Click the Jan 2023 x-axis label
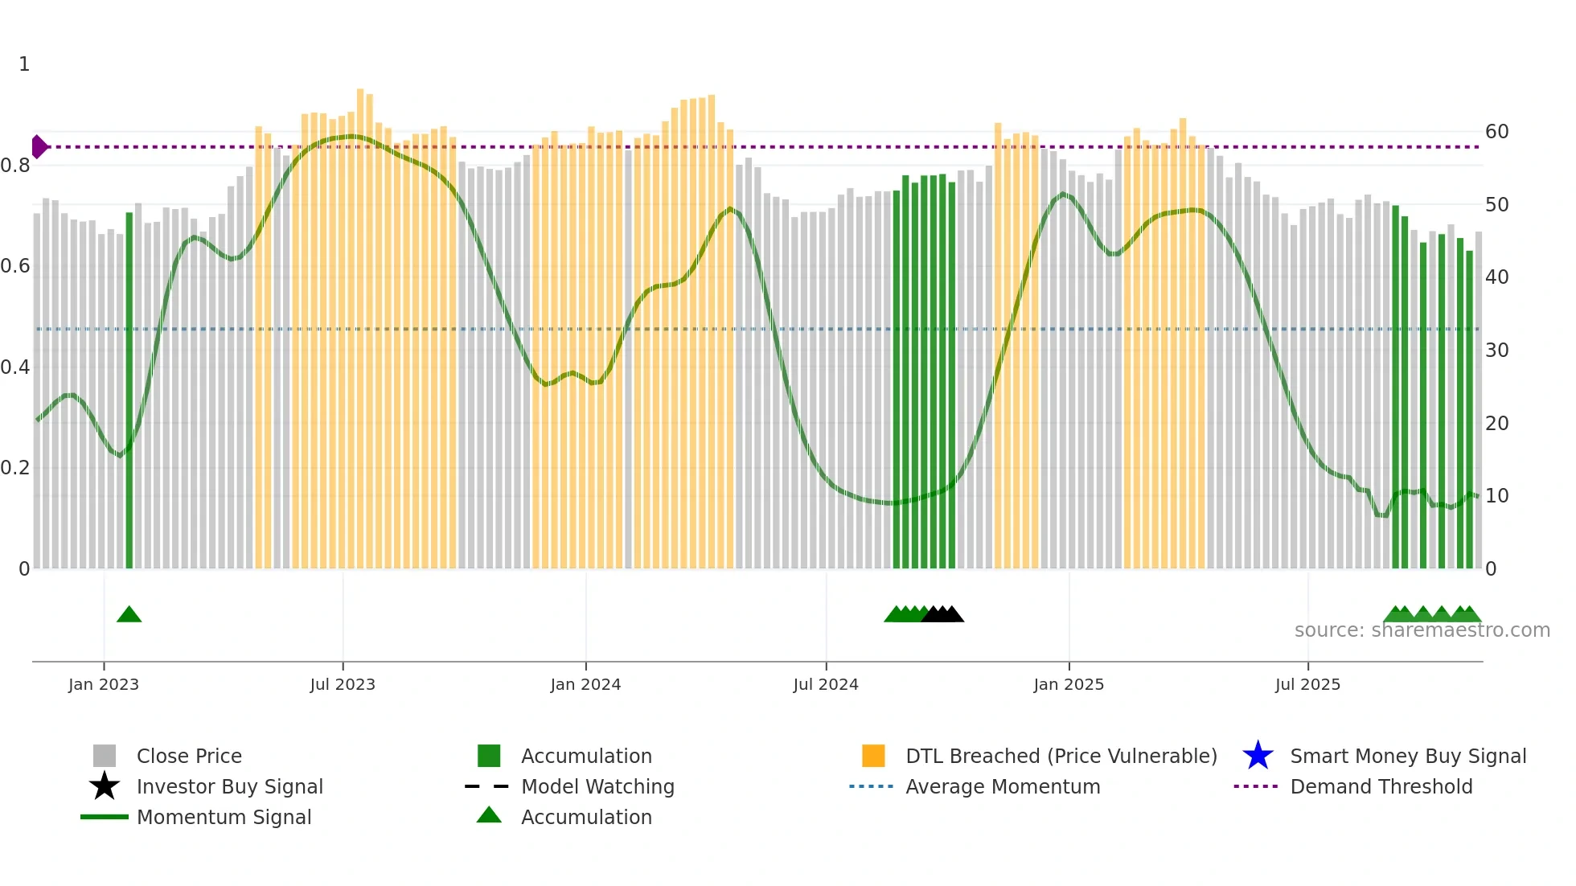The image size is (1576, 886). coord(104,684)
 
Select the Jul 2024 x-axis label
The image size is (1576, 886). coord(826,684)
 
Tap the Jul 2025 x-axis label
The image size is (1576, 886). coord(1307,684)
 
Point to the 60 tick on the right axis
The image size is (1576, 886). coord(1496,132)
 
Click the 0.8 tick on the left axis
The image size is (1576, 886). coord(15,166)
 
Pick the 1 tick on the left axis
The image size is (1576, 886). coord(24,64)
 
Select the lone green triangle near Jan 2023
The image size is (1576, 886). coord(129,615)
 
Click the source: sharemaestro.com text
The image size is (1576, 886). coord(1422,630)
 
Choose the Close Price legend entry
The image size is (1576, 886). coord(189,756)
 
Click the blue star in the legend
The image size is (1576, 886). coord(1258,756)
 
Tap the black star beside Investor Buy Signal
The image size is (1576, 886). coord(105,786)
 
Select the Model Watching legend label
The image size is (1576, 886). coord(597,786)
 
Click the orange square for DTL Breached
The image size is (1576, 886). coord(873,756)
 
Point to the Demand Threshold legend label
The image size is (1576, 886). coord(1381,786)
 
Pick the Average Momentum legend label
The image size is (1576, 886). coord(1003,786)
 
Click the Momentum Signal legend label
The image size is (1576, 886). coord(224,817)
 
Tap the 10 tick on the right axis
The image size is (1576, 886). coord(1496,496)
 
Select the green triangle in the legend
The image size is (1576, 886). coord(489,815)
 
